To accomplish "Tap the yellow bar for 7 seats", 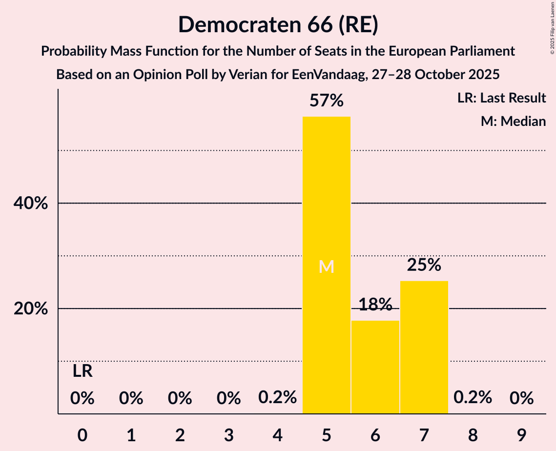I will (424, 347).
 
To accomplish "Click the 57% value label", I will (327, 101).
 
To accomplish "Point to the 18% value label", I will (375, 305).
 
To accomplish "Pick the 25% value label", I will (424, 265).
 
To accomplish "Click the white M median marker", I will (326, 266).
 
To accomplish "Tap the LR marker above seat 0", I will (82, 371).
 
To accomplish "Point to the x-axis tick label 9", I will (521, 432).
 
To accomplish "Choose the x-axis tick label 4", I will (277, 432).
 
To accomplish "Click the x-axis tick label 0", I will (82, 432).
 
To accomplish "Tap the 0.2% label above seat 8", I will (473, 398).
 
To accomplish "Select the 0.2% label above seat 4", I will (277, 398).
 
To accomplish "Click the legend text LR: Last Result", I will (501, 98).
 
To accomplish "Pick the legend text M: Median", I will (513, 121).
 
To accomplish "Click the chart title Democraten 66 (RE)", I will (278, 24).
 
